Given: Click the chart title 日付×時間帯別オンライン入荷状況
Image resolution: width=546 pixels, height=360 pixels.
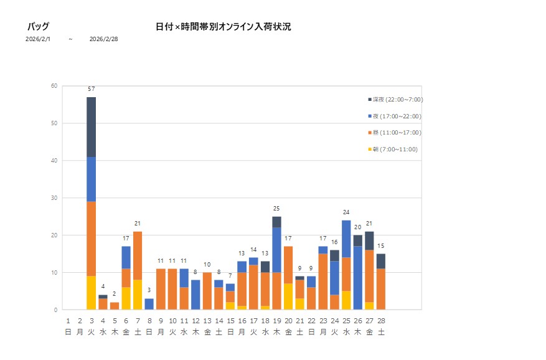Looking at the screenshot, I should [x=223, y=27].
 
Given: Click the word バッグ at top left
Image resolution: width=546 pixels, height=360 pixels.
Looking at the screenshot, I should [x=38, y=27].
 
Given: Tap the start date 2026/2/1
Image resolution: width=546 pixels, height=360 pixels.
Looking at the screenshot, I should [x=38, y=39].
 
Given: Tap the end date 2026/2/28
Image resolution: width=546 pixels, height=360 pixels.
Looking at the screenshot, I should [x=103, y=39].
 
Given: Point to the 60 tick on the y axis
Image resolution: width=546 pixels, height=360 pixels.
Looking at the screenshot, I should [x=55, y=86].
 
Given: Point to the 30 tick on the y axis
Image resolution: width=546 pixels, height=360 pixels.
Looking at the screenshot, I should [x=55, y=198].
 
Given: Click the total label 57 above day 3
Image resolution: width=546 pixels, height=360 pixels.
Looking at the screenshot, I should [x=92, y=90].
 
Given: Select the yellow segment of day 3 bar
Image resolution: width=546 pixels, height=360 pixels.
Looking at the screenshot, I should [x=92, y=293].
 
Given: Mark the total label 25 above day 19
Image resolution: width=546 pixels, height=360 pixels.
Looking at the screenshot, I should [x=277, y=209].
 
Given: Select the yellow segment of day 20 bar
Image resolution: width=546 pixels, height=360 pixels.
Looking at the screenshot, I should [x=288, y=296].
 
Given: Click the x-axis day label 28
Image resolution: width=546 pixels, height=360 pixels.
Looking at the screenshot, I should [x=381, y=321].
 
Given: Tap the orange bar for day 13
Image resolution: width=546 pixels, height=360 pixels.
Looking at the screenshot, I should [x=207, y=291].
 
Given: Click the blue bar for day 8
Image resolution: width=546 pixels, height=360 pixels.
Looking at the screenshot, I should [x=149, y=304].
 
